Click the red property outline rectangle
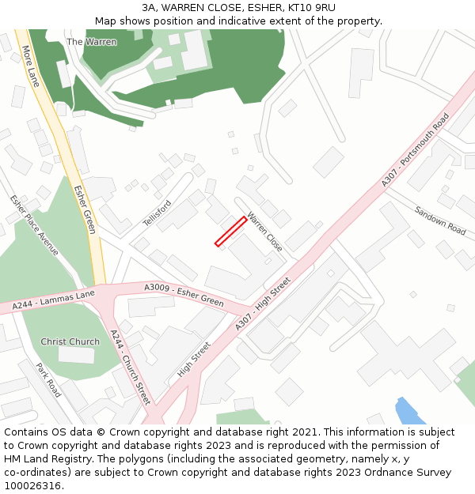[x=230, y=232]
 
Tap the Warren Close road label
[x=264, y=232]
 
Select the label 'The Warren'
[x=92, y=42]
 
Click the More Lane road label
[x=31, y=66]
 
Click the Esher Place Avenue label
[x=35, y=225]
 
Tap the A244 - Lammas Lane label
[x=53, y=300]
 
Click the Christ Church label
[x=70, y=342]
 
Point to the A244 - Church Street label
[x=131, y=367]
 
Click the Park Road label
[x=49, y=379]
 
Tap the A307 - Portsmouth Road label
[x=415, y=150]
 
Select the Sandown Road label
[x=440, y=221]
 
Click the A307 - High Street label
[x=263, y=304]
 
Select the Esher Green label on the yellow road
[x=85, y=209]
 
